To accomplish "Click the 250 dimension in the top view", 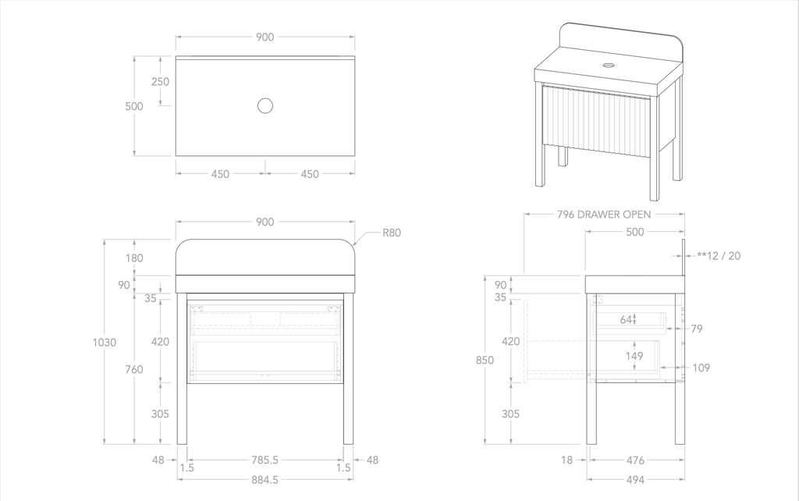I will click(160, 82).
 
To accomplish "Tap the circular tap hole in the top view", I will click(265, 105).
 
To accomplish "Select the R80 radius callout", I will click(392, 233).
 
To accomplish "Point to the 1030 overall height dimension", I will click(104, 342).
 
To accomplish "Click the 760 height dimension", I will click(133, 369).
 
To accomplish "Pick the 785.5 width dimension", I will click(265, 460).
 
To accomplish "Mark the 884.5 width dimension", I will click(265, 480).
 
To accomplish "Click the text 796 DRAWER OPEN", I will click(604, 214).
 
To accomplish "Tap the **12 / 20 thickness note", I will click(719, 255).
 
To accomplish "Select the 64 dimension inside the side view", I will click(626, 318).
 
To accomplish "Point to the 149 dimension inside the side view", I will click(634, 356).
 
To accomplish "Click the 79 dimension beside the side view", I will click(697, 329).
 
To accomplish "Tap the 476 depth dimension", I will click(635, 460).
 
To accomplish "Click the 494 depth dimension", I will click(635, 480).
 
